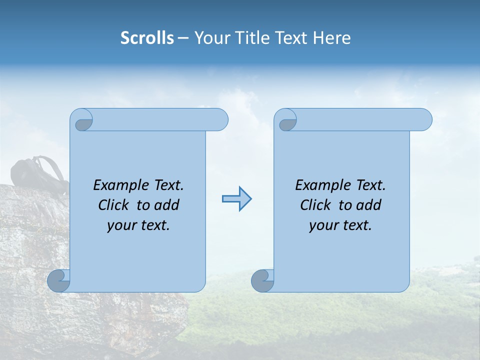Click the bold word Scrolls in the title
pyautogui.click(x=147, y=38)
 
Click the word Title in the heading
pyautogui.click(x=250, y=38)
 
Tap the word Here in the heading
pyautogui.click(x=331, y=38)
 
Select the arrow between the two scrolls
pyautogui.click(x=236, y=199)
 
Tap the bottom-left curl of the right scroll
pyautogui.click(x=263, y=280)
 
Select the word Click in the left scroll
pyautogui.click(x=113, y=205)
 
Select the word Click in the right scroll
pyautogui.click(x=315, y=205)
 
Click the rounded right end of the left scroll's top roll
pyautogui.click(x=220, y=120)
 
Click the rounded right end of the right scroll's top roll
pyautogui.click(x=424, y=120)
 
